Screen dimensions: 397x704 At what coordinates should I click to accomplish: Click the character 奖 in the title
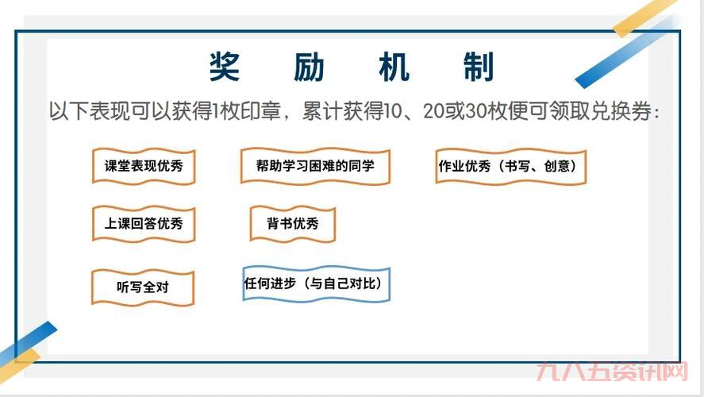tap(225, 67)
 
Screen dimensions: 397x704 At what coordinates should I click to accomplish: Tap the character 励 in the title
tap(308, 67)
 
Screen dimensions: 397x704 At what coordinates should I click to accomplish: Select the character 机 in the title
tap(394, 67)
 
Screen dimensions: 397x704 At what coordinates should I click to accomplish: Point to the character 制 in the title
tap(479, 67)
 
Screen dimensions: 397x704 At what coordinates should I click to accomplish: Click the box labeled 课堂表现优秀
tap(144, 167)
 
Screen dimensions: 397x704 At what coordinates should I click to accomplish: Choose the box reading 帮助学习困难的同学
tap(315, 167)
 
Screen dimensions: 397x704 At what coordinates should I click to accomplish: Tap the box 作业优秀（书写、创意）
tap(511, 167)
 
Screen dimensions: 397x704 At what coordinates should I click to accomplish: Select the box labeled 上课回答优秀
tap(144, 224)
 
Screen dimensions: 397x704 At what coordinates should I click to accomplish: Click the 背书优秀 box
tap(293, 224)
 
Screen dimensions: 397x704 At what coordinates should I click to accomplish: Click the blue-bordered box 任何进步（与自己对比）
tap(317, 283)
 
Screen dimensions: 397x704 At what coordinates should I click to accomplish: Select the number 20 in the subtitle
tap(434, 111)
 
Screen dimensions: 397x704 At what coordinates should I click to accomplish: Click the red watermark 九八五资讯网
tap(611, 373)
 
